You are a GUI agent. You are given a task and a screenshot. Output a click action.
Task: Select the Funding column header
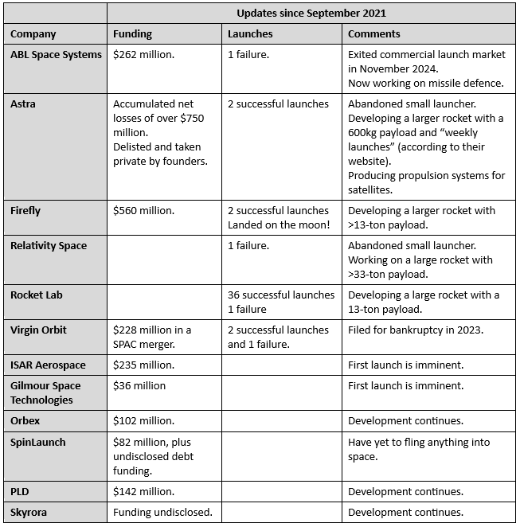tap(132, 34)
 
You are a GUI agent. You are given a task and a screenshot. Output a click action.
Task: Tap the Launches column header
tap(250, 34)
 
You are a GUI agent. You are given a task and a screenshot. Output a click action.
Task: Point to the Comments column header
tap(373, 34)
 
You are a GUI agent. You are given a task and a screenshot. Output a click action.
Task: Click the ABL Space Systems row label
tap(56, 55)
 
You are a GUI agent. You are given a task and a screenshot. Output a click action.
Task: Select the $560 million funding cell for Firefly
tap(144, 211)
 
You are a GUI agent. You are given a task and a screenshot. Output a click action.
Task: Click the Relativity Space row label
tap(49, 246)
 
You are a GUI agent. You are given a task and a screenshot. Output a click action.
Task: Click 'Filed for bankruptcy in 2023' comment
tap(416, 330)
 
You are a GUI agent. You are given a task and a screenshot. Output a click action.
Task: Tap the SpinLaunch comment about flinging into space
tap(419, 449)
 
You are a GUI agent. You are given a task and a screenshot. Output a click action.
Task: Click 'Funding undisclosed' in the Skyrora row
tap(162, 512)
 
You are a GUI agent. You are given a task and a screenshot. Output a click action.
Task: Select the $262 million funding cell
tap(144, 55)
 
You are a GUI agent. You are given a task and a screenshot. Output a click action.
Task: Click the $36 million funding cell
tap(140, 386)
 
